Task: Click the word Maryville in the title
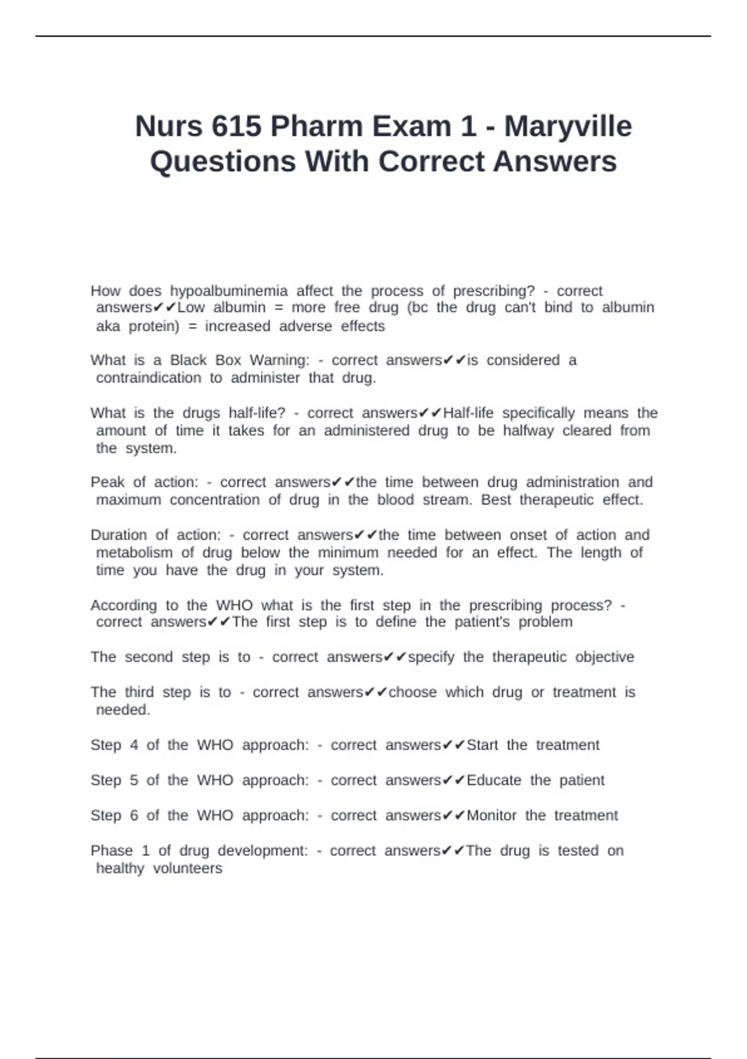click(568, 126)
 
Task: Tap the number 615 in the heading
click(237, 126)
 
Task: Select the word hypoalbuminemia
click(228, 291)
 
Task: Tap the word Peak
click(108, 482)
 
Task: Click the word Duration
click(119, 535)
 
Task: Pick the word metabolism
click(134, 553)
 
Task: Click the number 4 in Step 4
click(134, 745)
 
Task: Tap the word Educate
click(494, 781)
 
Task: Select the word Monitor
click(491, 815)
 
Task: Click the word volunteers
click(187, 868)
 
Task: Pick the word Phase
click(111, 851)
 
